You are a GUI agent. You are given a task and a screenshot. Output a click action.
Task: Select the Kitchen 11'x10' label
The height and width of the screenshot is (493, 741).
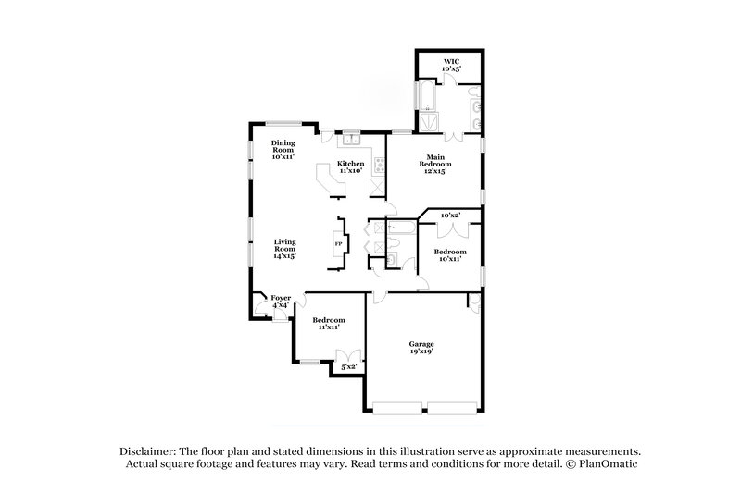[x=351, y=167]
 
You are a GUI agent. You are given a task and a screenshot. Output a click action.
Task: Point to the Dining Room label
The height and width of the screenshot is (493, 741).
[x=283, y=150]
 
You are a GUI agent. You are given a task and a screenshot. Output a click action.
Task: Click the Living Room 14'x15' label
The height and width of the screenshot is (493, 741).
[x=283, y=249]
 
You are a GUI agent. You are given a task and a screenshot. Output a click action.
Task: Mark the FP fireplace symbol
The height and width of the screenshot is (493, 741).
[x=338, y=243]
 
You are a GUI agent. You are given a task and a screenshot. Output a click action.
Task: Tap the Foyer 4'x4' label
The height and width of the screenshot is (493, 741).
[x=280, y=301]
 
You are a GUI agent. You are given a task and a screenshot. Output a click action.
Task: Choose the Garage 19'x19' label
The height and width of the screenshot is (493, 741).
[x=421, y=347]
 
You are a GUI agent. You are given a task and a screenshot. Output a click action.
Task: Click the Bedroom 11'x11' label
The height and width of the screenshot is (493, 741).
[x=328, y=323]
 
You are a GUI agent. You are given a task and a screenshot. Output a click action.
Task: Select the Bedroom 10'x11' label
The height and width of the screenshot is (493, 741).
[x=450, y=255]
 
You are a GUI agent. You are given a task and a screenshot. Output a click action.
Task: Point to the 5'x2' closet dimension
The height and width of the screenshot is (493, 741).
[x=349, y=367]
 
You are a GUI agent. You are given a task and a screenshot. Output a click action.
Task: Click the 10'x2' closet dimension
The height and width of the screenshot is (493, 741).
[x=451, y=215]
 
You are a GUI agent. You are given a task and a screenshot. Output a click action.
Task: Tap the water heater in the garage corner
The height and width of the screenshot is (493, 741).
[x=472, y=302]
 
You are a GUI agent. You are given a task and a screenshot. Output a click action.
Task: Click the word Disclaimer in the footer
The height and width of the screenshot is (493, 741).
[x=146, y=449]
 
